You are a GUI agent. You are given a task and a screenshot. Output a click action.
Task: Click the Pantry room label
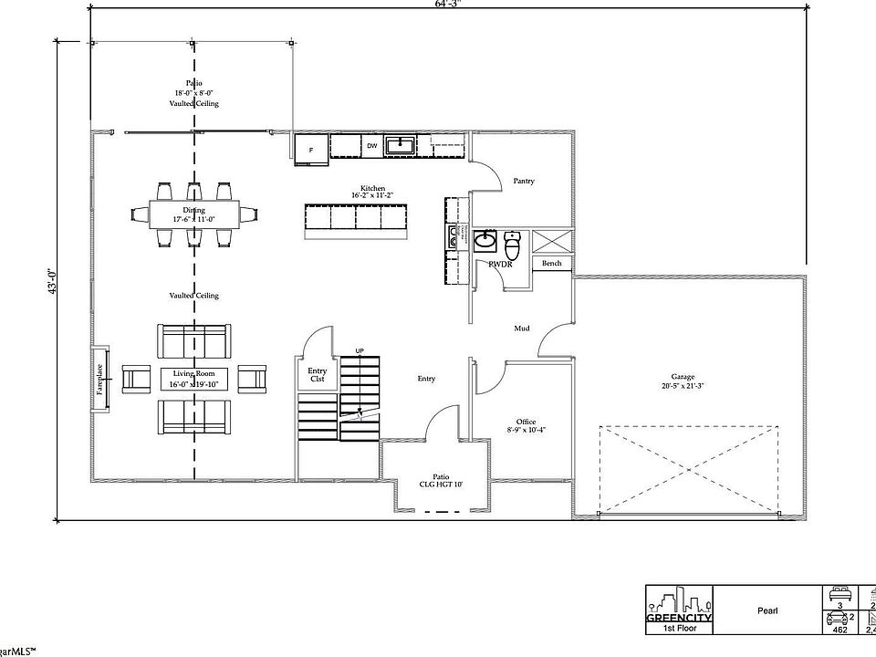point(523,181)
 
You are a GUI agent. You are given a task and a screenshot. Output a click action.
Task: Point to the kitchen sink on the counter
point(400,145)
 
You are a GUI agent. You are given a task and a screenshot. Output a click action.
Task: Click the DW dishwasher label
point(371,146)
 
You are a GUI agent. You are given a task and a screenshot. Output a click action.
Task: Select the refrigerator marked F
point(311,149)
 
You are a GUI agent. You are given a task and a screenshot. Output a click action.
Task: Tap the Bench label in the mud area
point(551,264)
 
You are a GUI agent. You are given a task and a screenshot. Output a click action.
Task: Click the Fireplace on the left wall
point(99,378)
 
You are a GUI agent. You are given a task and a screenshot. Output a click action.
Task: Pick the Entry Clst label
point(317,375)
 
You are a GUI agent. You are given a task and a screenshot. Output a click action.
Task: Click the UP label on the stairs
point(360,350)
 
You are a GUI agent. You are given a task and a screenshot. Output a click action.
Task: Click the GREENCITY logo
point(679,606)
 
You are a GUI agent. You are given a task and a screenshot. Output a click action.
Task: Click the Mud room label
point(522,328)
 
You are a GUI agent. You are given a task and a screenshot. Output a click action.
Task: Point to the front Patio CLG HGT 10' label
point(442,480)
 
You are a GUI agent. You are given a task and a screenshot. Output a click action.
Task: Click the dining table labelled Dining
point(193,214)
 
